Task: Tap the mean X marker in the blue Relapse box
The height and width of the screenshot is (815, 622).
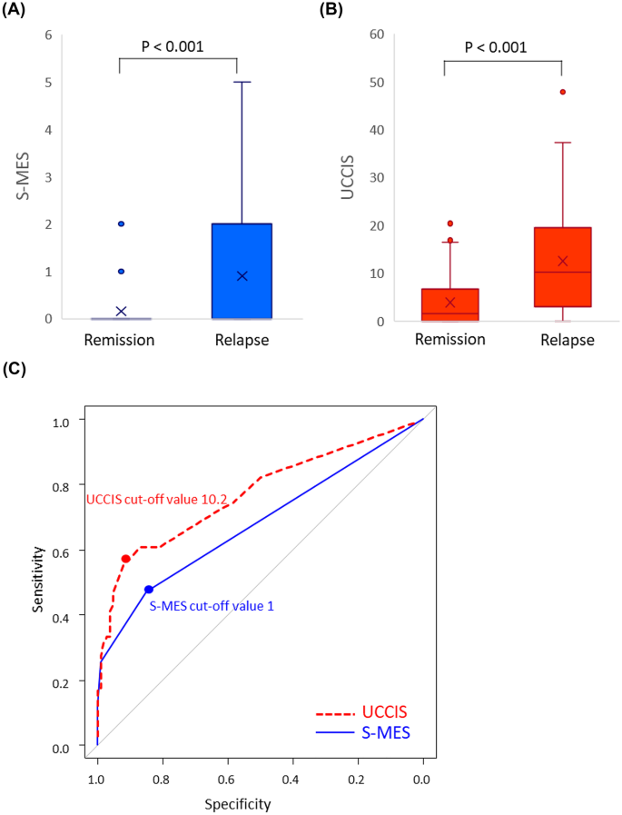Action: point(242,275)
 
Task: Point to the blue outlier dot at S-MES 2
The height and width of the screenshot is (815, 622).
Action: point(121,224)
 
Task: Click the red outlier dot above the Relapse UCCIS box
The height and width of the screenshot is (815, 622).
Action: point(562,92)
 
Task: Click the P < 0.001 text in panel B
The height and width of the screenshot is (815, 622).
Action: point(503,47)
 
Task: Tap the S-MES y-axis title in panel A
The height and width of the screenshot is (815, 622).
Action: point(14,177)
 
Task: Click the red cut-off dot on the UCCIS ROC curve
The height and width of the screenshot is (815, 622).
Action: point(126,558)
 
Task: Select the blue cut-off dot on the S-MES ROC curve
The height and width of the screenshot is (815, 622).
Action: point(149,589)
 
